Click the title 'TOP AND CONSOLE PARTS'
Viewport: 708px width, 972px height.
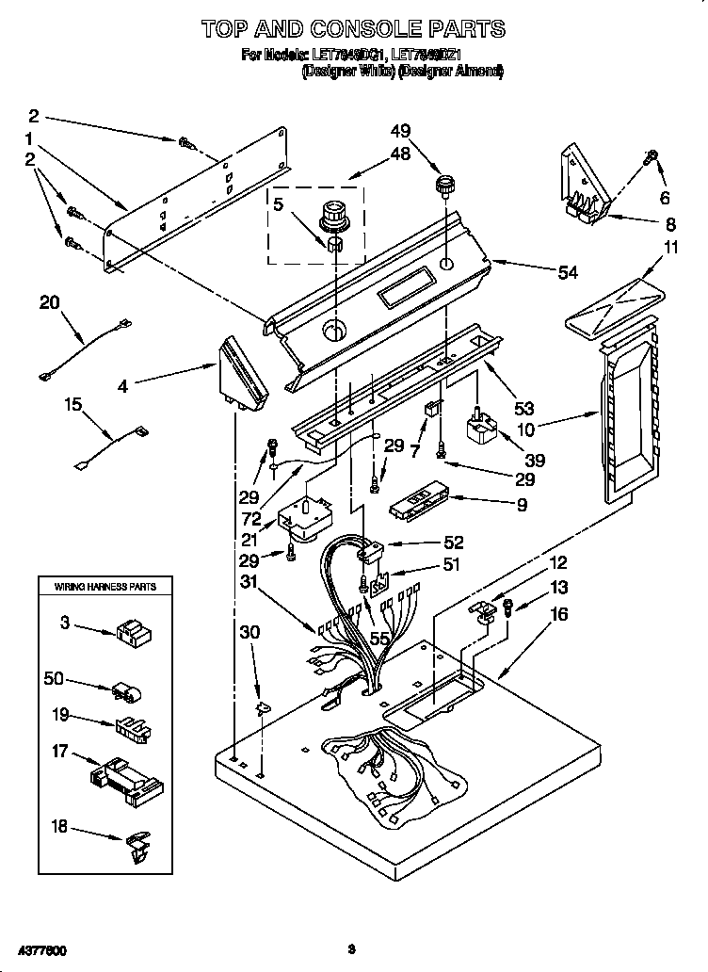(x=353, y=29)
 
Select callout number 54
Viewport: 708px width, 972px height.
(x=567, y=272)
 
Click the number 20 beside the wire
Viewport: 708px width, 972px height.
(x=49, y=302)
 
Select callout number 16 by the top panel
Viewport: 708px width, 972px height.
(x=558, y=614)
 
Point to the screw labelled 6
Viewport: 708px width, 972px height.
(x=650, y=159)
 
